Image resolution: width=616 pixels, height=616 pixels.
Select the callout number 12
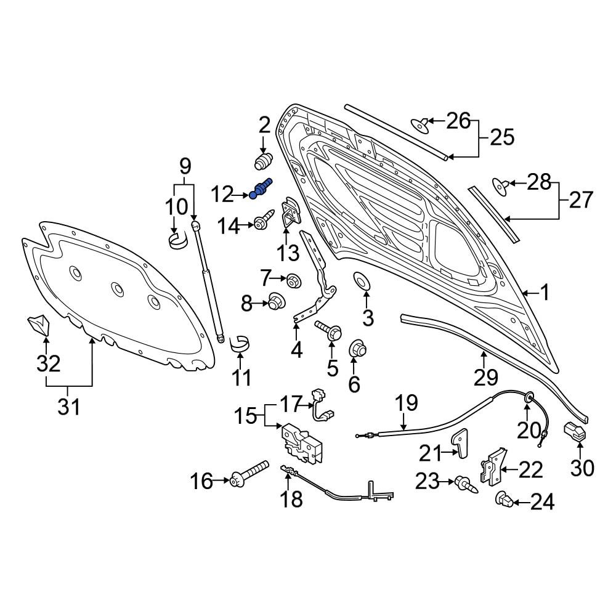(223, 195)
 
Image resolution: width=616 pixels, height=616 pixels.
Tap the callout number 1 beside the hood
(544, 293)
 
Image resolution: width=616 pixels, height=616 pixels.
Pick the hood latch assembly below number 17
(302, 442)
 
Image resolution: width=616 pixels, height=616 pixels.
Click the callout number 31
(69, 407)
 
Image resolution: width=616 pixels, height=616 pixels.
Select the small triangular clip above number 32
(38, 325)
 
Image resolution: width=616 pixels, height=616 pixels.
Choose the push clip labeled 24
(504, 500)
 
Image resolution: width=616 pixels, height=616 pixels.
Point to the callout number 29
(486, 378)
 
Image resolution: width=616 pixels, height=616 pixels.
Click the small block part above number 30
(575, 431)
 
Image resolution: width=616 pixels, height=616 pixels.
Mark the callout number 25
(502, 138)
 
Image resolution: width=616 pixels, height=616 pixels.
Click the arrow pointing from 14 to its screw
(247, 225)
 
